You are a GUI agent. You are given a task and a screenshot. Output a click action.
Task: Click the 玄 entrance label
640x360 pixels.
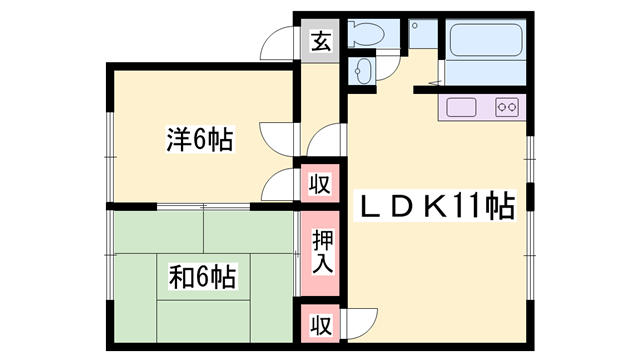(320, 42)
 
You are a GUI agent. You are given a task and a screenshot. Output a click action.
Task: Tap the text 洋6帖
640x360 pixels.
(199, 141)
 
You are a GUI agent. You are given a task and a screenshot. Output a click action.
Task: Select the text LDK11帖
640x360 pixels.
(437, 207)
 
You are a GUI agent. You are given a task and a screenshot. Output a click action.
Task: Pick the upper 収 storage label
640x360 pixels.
(320, 184)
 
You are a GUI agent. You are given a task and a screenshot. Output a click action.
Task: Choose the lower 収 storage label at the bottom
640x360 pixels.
(320, 324)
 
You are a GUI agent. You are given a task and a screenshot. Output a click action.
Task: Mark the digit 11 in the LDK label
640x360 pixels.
(471, 207)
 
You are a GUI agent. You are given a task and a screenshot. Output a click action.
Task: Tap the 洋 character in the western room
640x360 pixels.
(177, 141)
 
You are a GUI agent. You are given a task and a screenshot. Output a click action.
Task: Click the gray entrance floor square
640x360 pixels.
(320, 42)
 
